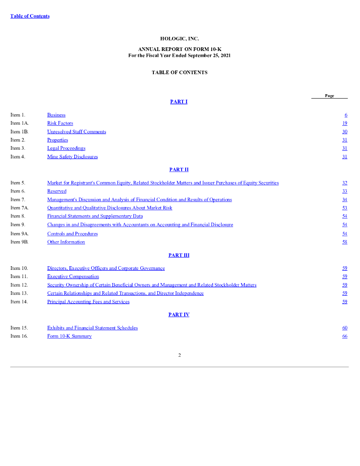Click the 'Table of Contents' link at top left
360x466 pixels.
tap(30, 16)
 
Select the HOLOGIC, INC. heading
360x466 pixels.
tap(179, 39)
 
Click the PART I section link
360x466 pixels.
tap(179, 101)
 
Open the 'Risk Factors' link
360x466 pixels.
tap(60, 123)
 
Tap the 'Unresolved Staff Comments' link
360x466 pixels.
tap(76, 132)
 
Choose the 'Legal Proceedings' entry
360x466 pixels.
tap(66, 148)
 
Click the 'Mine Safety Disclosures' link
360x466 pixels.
tap(72, 157)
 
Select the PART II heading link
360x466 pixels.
tap(179, 169)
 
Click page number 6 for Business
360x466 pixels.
tap(346, 115)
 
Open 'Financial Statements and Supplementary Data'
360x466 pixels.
tap(95, 216)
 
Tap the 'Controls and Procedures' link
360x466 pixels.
tap(72, 234)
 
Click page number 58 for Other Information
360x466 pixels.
tap(345, 242)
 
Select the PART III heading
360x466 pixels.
tap(179, 255)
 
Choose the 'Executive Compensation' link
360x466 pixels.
tap(73, 277)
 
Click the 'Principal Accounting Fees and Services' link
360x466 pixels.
tap(88, 302)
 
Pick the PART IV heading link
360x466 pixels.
tap(179, 314)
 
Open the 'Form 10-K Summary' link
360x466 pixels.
tap(69, 336)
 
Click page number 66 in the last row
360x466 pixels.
tap(345, 336)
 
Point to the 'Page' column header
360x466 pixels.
tap(330, 96)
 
